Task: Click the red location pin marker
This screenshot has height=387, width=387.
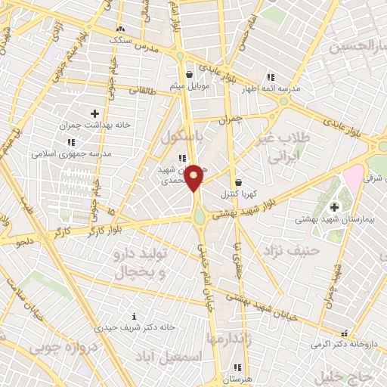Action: click(x=193, y=177)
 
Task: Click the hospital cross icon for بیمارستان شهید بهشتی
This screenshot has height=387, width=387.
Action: click(x=335, y=207)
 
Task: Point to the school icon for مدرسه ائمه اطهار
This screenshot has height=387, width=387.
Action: click(x=270, y=77)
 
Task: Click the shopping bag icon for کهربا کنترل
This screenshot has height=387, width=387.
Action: click(x=238, y=182)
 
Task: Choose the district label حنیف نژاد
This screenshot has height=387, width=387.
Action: click(x=290, y=250)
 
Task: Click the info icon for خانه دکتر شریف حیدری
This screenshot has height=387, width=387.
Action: click(x=135, y=316)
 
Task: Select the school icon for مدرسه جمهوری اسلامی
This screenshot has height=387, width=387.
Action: click(x=71, y=141)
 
